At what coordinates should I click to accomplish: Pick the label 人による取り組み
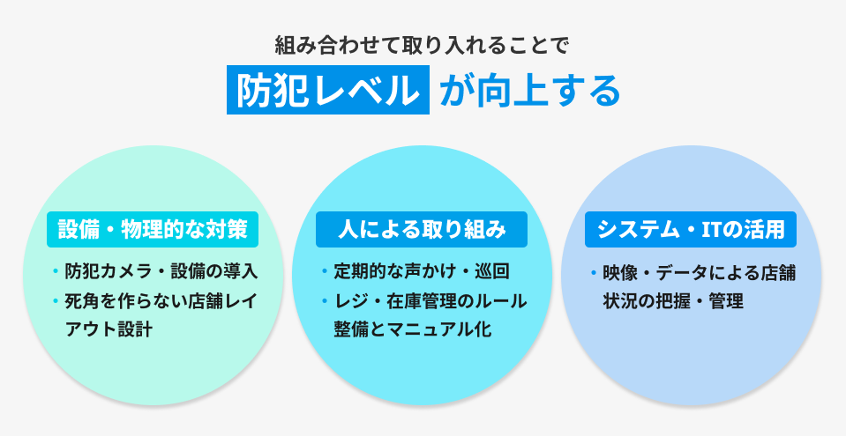tap(423, 230)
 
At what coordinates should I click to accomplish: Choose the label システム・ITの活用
tap(692, 230)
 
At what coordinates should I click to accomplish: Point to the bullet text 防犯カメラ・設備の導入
tap(161, 270)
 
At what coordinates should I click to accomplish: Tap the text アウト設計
tap(109, 329)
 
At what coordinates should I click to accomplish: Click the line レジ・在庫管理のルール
tap(430, 300)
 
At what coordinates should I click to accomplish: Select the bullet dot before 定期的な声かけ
tap(324, 270)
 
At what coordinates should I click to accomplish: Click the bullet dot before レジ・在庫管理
tap(324, 300)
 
